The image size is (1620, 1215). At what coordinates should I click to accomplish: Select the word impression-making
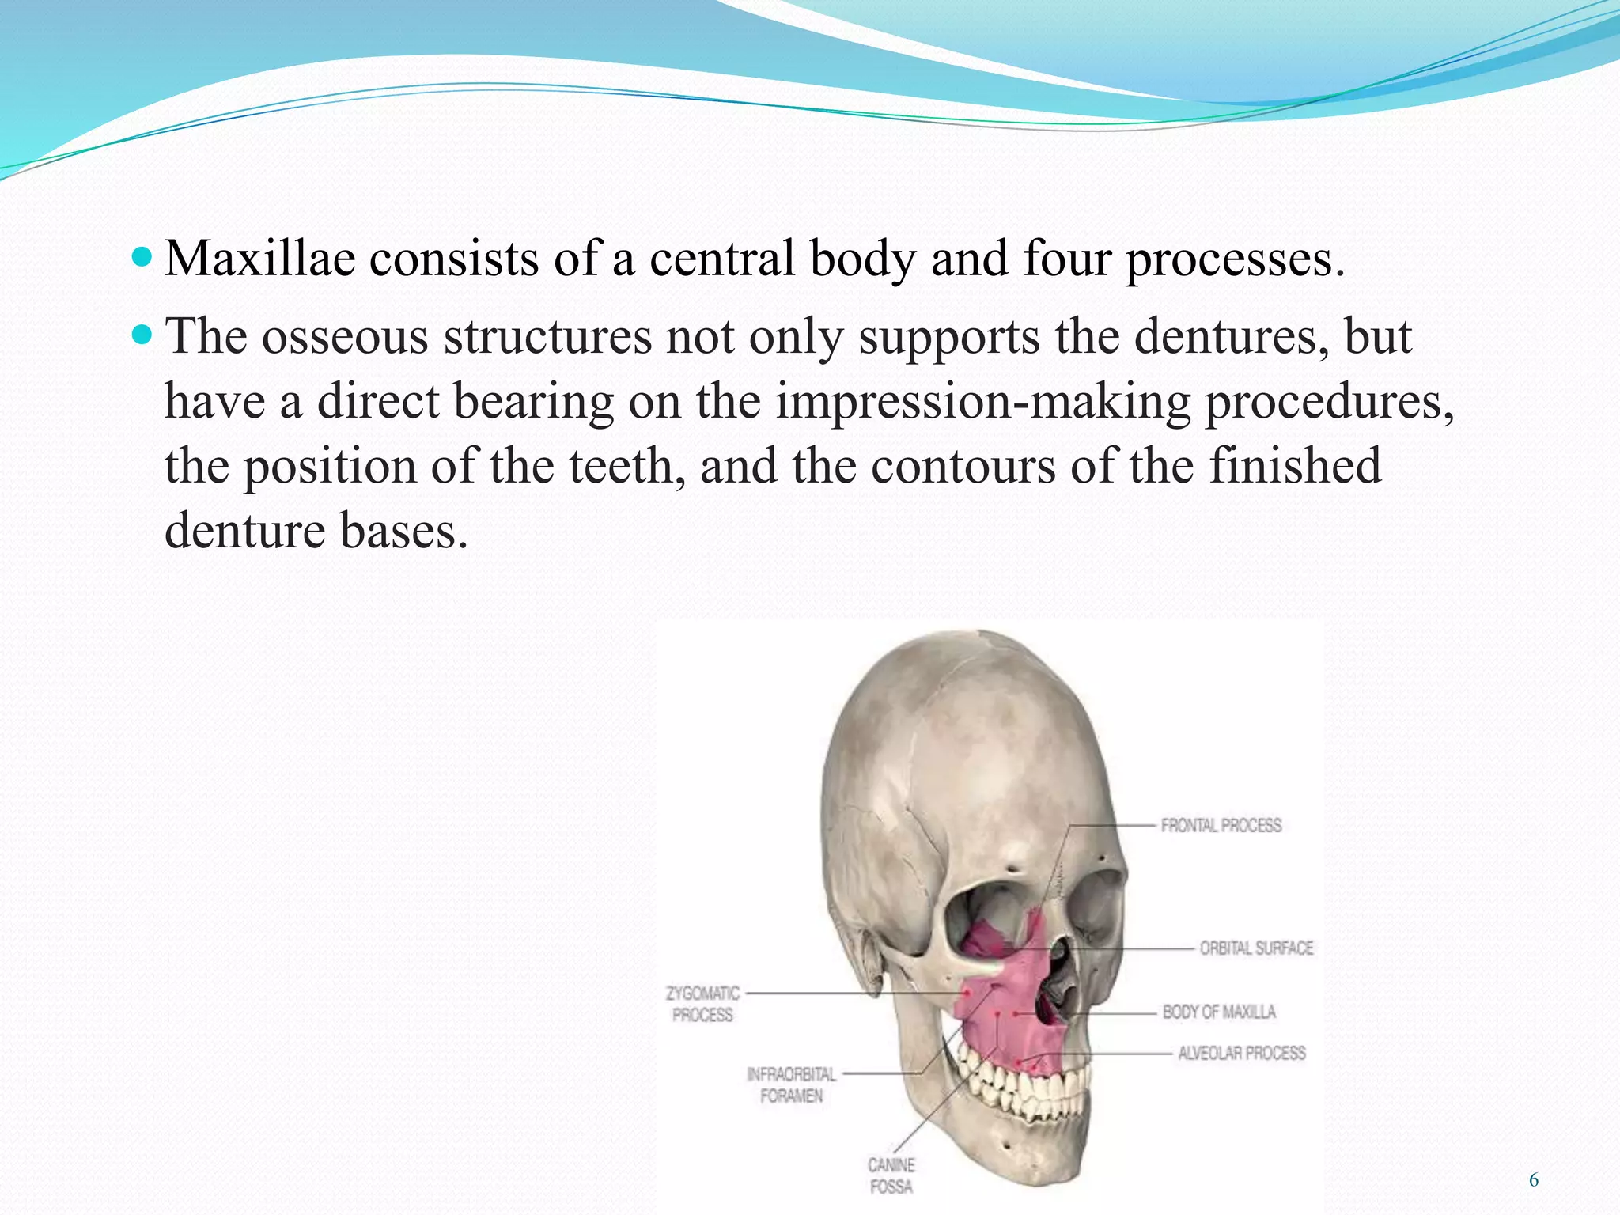click(982, 401)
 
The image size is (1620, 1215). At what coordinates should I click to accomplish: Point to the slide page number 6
click(1533, 1181)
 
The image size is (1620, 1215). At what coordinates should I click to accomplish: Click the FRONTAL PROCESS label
click(1221, 825)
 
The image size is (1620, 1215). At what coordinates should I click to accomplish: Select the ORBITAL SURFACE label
click(1256, 948)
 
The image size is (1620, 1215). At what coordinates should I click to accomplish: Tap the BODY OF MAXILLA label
click(1219, 1012)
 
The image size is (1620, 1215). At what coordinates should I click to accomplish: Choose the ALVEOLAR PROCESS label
click(1241, 1053)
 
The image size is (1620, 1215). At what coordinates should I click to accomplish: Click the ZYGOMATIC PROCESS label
click(702, 1004)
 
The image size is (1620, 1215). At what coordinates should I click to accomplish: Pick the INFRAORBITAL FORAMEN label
click(791, 1084)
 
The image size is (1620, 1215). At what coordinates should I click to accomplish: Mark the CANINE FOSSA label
click(891, 1175)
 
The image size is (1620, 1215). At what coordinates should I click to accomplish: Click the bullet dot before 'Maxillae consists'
click(142, 258)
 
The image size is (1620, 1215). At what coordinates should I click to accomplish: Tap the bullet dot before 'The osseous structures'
click(142, 335)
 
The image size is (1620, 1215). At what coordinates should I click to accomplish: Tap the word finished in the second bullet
click(1295, 466)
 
